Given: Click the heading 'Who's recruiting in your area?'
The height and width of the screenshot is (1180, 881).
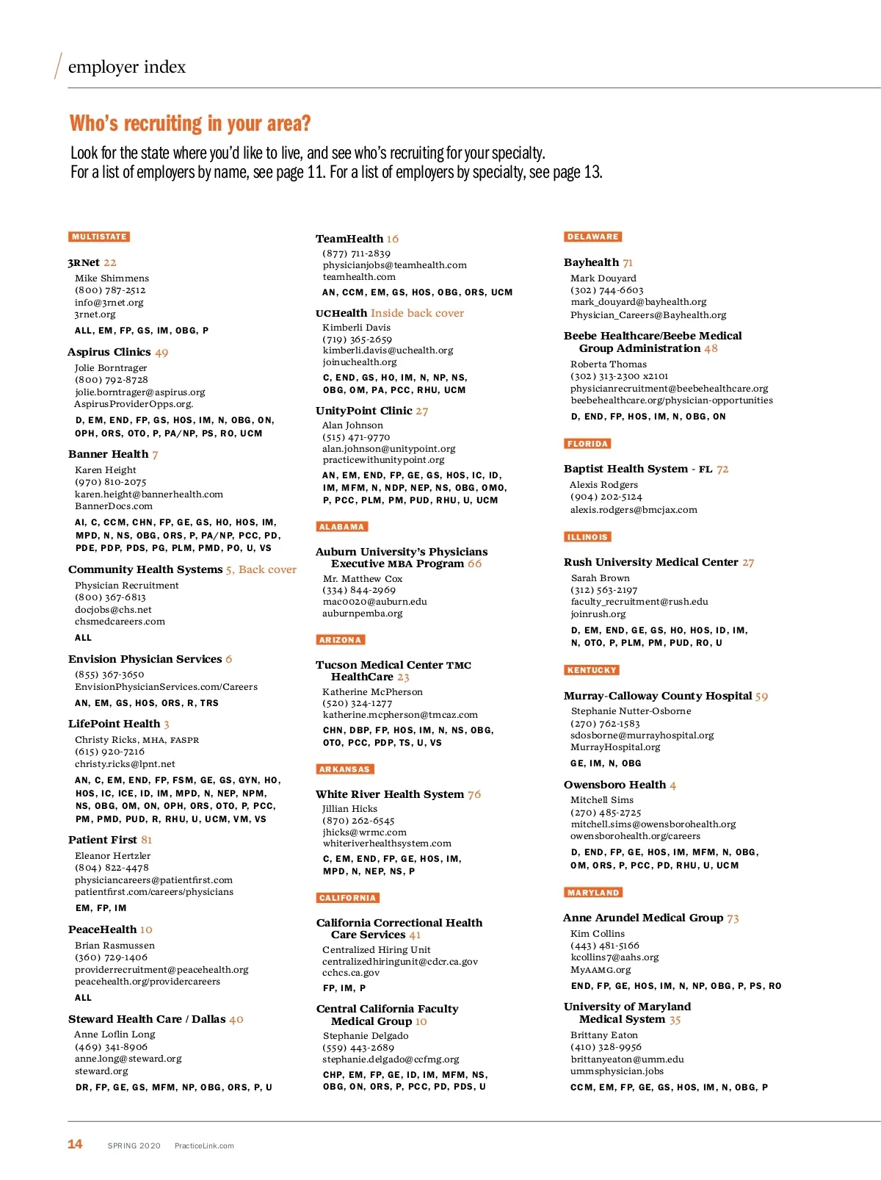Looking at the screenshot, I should (x=190, y=123).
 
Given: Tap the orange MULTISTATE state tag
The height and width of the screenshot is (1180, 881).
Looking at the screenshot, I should (x=99, y=237).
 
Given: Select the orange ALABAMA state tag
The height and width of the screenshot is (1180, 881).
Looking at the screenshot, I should (x=341, y=527).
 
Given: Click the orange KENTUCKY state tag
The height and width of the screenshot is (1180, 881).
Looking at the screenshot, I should (x=591, y=670).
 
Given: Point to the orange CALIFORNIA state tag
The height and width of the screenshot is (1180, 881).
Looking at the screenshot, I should (x=347, y=898).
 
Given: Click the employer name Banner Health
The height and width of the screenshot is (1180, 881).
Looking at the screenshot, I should (x=108, y=454).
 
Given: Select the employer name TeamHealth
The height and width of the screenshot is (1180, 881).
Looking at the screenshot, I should (x=349, y=239).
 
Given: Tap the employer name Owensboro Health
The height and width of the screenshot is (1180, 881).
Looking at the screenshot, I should (x=614, y=785).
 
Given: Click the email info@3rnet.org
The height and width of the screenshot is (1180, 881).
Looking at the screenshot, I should (x=109, y=302).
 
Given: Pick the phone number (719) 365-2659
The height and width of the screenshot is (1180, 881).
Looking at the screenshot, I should (x=357, y=339).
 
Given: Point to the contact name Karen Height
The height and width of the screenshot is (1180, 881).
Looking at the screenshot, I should (x=105, y=470).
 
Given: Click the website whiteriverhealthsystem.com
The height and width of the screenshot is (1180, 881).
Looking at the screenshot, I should (x=387, y=843).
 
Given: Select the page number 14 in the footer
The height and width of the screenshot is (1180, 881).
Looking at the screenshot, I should (x=75, y=1144).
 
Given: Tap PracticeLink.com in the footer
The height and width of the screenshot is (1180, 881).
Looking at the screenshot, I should (x=204, y=1145).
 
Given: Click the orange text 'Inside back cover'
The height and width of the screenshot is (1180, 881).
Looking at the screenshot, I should (x=417, y=313).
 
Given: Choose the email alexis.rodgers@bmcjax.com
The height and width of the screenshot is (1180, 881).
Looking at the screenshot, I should (x=634, y=510).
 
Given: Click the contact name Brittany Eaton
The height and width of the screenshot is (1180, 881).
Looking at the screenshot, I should (x=604, y=1035).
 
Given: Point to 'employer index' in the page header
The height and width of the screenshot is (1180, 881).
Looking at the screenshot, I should (x=126, y=67).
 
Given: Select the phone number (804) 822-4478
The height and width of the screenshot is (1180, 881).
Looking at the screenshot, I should (x=112, y=868).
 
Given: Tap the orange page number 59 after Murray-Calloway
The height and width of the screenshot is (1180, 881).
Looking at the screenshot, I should (x=761, y=696).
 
